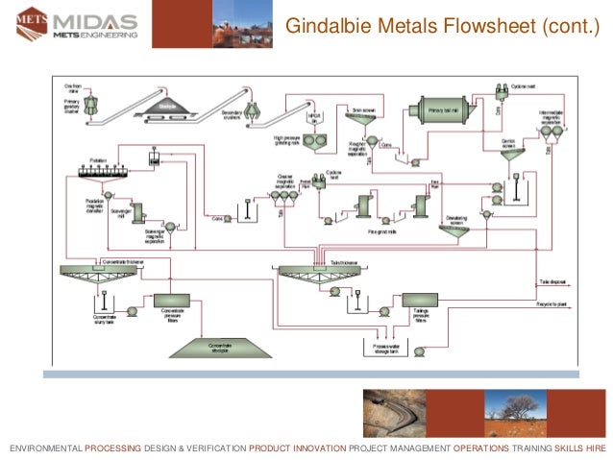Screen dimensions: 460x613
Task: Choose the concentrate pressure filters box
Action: click(x=173, y=303)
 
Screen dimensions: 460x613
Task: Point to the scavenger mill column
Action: click(x=137, y=210)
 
